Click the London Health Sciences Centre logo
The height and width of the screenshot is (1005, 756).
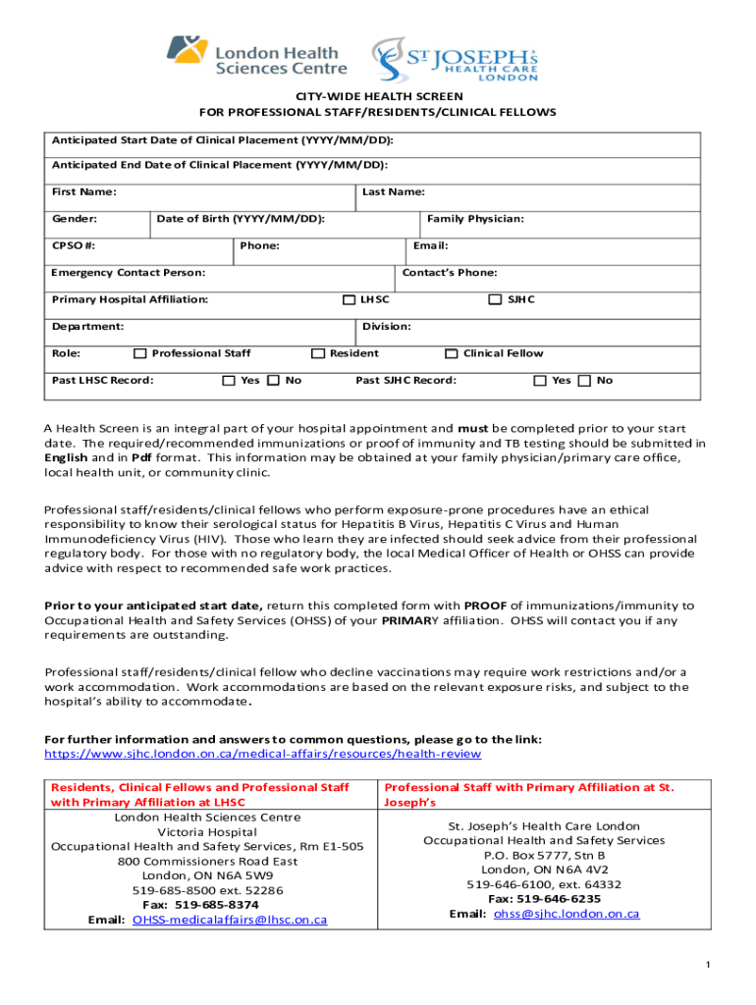click(256, 58)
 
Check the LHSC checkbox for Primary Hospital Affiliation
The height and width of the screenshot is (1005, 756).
click(349, 299)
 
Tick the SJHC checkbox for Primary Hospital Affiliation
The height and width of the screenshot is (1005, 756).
click(495, 299)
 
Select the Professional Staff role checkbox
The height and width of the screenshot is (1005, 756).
click(140, 353)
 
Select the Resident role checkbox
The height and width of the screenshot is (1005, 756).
click(318, 353)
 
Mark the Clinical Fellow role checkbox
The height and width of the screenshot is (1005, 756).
click(452, 353)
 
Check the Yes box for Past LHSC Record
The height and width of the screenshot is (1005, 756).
click(229, 381)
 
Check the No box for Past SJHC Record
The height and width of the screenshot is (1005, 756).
click(585, 381)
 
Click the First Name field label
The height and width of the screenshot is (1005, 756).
click(84, 192)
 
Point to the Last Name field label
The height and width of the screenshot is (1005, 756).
click(393, 192)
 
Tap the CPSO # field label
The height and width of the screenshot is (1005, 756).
click(74, 245)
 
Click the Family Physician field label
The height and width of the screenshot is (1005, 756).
click(475, 219)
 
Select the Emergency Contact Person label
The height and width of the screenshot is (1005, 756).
click(129, 273)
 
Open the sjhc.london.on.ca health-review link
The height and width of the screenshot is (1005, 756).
click(263, 754)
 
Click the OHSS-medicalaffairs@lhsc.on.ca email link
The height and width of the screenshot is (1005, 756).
click(230, 921)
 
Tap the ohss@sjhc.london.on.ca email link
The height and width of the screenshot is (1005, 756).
click(567, 914)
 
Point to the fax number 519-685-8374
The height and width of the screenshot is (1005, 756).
click(215, 905)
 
